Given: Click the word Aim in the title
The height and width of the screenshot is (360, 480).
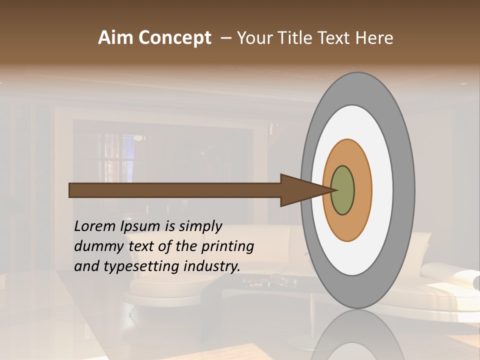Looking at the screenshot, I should point(116,38).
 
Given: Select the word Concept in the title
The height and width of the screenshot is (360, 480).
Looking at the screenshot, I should point(174,38).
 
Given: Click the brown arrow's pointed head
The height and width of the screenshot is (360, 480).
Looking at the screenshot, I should point(305,190).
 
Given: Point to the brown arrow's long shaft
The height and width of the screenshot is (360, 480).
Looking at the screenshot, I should point(175,190).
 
